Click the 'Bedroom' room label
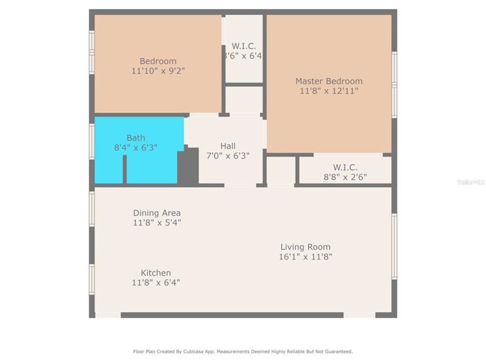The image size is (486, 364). coord(158,61)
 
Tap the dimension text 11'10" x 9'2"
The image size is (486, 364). coord(158,70)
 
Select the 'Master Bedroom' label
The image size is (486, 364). coord(329,81)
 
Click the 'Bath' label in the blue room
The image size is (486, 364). coord(136,138)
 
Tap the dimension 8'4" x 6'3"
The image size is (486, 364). coord(136,148)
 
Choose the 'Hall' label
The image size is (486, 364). coord(227,146)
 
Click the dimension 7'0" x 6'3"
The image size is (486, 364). coord(227,156)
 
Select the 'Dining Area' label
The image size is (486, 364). coord(157,213)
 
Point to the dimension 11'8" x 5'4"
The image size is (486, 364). coord(157,223)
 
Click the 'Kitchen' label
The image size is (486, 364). coord(156,272)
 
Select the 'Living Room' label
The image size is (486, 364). coord(305,247)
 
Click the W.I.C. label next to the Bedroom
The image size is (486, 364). coord(243,45)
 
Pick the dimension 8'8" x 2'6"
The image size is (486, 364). coord(345,177)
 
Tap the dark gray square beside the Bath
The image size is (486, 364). coord(188,167)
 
